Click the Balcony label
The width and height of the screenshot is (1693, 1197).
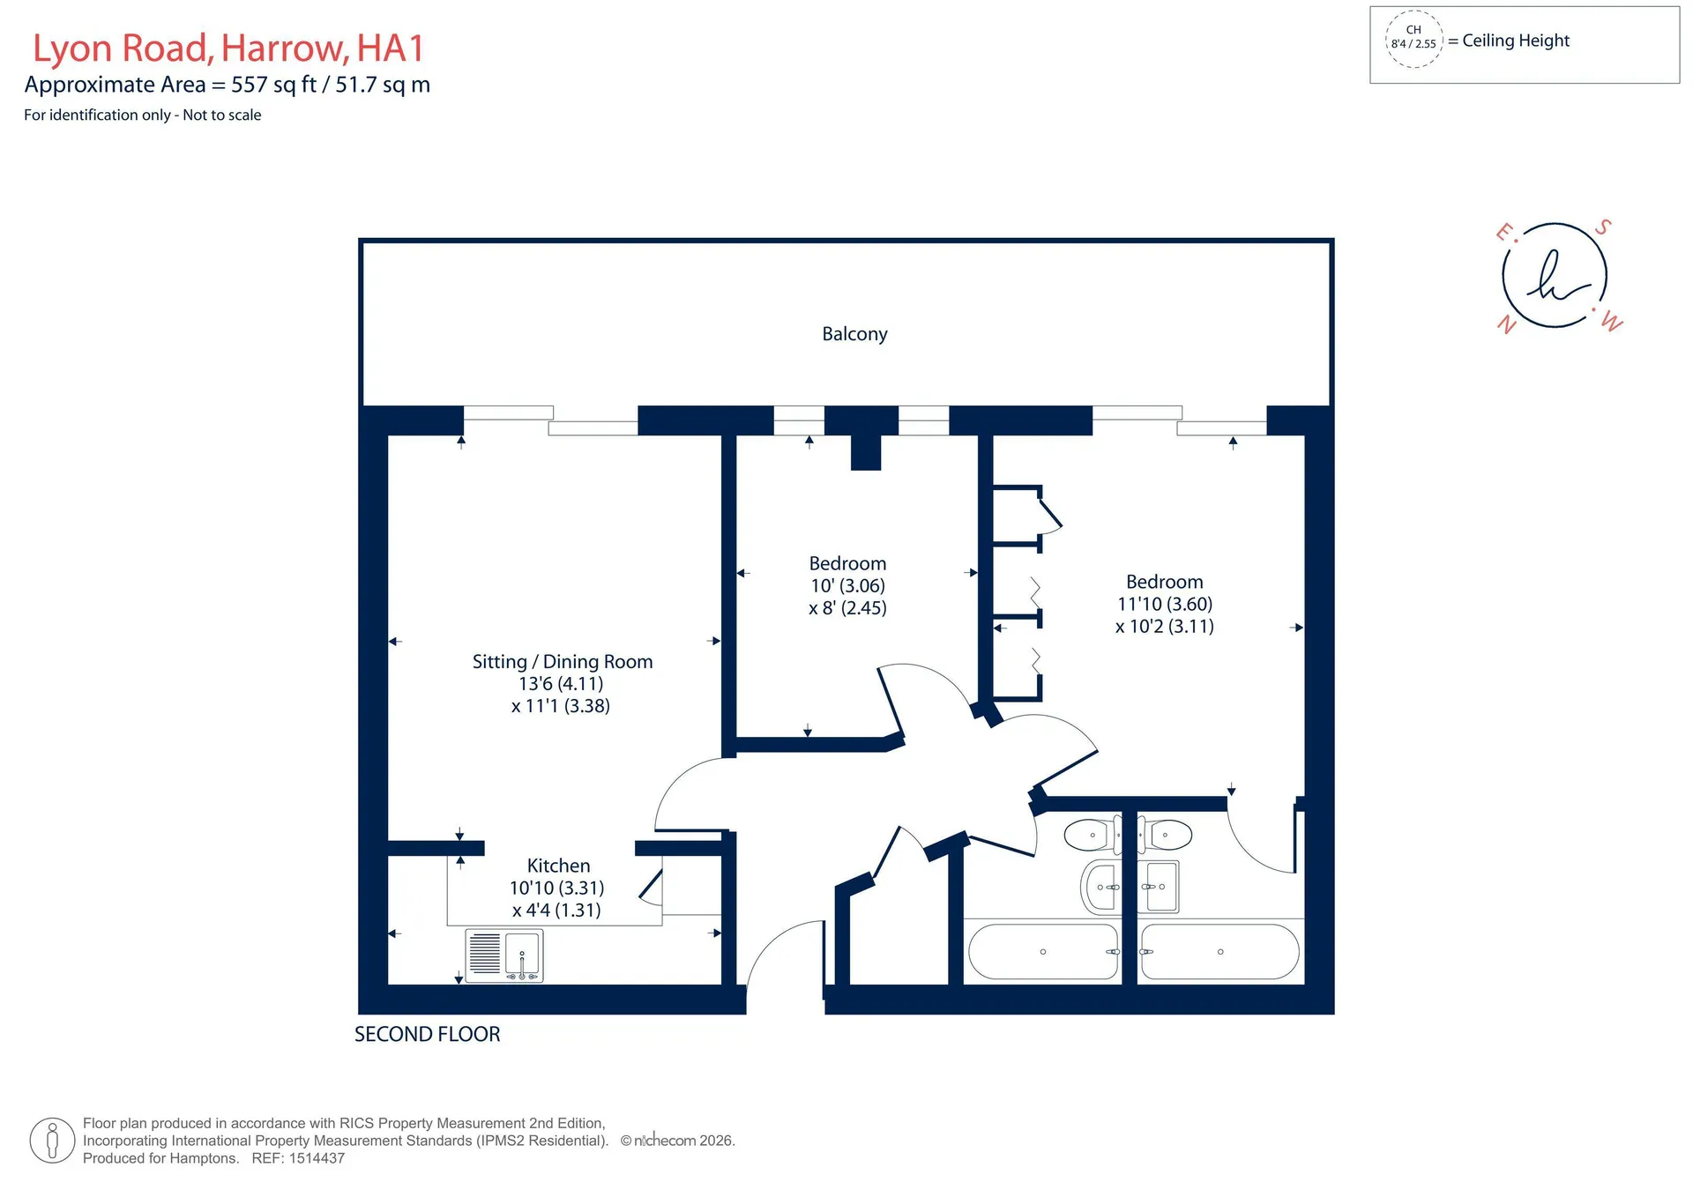click(x=854, y=334)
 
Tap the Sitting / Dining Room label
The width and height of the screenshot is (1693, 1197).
click(x=563, y=662)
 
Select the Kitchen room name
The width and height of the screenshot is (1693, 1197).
click(x=558, y=866)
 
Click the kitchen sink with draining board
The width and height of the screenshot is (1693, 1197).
click(x=504, y=955)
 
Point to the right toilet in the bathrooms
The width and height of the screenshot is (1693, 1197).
click(x=1165, y=834)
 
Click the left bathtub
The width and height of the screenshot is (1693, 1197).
click(x=1044, y=952)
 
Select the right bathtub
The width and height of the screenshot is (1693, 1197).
click(x=1219, y=952)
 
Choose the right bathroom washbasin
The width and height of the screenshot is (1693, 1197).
click(x=1160, y=887)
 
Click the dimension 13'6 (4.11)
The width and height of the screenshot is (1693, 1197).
click(x=561, y=684)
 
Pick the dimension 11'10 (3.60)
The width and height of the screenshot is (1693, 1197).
click(x=1165, y=605)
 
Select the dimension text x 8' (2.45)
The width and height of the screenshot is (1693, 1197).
click(x=847, y=608)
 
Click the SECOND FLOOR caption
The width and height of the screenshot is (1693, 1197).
click(x=428, y=1035)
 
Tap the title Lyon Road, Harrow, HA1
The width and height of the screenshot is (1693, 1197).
click(x=228, y=48)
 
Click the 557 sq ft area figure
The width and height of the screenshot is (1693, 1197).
click(x=273, y=85)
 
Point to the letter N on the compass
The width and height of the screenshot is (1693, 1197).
click(x=1507, y=324)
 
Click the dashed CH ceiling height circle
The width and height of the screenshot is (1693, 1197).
click(x=1413, y=39)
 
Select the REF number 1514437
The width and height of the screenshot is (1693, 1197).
click(x=317, y=1158)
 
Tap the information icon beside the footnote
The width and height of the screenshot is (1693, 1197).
click(x=52, y=1141)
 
